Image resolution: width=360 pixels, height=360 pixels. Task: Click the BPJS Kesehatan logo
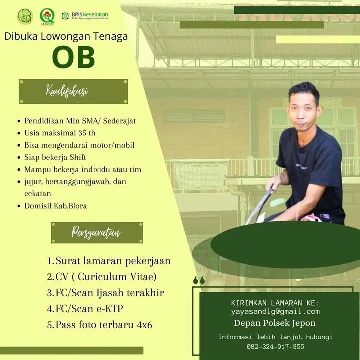pos(85,16)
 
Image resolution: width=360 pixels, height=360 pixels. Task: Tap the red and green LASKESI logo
pos(47,17)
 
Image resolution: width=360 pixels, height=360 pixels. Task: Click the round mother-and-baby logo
pos(25,16)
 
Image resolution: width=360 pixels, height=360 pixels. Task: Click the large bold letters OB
pos(73,57)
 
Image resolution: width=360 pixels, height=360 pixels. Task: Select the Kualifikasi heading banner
pos(73,92)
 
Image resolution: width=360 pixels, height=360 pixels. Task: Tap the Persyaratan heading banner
pos(97,233)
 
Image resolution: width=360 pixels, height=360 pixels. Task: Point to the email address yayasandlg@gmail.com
pos(275,311)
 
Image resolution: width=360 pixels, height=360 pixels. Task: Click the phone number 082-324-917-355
pos(275,346)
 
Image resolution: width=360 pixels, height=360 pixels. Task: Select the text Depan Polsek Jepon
pos(275,323)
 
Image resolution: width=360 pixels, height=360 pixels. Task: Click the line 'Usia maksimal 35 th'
pos(60,133)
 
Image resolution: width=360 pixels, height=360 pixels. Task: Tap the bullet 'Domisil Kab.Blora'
pos(56,206)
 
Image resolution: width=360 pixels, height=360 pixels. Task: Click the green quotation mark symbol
pos(199,280)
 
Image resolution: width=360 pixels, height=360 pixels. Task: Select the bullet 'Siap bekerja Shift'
pos(55,157)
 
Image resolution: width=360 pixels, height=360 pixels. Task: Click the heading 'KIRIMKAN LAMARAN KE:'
pos(275,303)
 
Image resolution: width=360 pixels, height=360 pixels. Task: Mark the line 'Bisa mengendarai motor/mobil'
pos(79,145)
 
